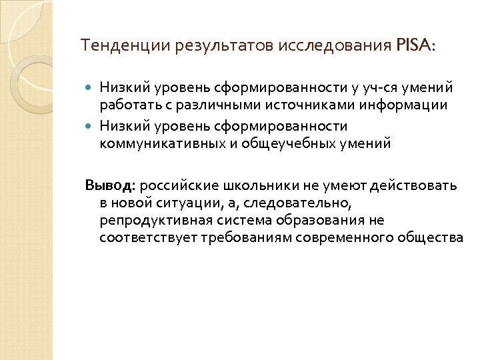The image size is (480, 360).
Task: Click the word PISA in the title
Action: [x=413, y=46]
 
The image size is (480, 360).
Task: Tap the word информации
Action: [x=407, y=105]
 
